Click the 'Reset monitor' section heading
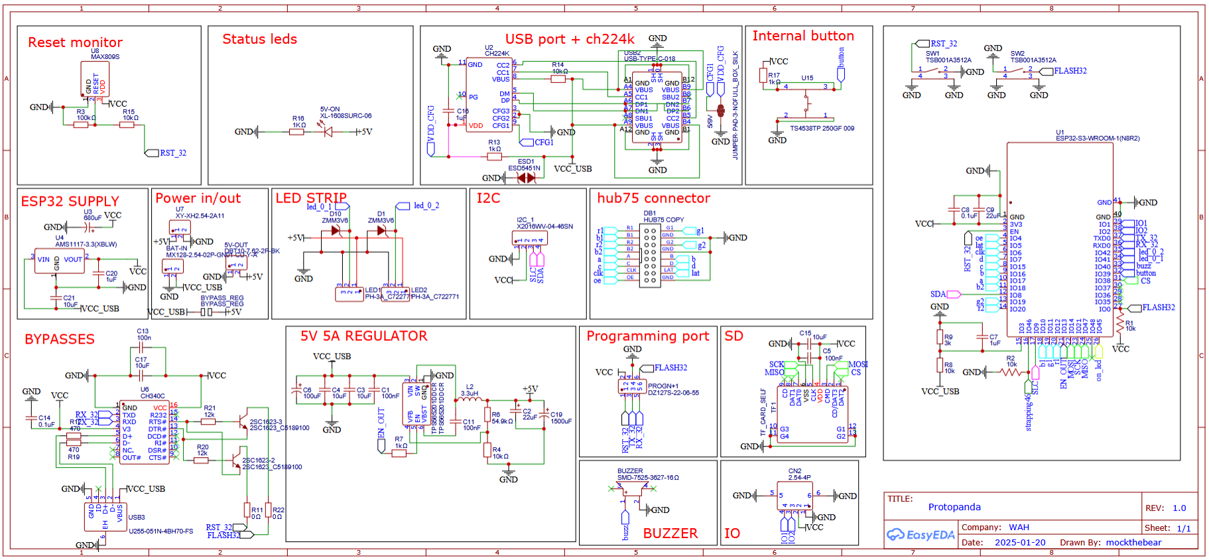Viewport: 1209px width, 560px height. point(75,42)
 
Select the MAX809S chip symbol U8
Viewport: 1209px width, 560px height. point(95,79)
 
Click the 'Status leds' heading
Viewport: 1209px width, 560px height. point(259,39)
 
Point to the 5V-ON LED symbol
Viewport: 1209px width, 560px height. point(328,131)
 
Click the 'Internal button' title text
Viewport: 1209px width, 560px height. point(802,36)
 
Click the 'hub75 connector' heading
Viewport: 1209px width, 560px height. point(653,198)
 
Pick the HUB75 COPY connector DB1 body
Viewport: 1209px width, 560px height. point(650,255)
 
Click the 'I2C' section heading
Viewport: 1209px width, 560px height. point(488,198)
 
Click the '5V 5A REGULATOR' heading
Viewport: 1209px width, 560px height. point(363,336)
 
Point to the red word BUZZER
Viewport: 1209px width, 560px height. point(670,533)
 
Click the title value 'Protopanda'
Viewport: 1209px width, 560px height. point(954,507)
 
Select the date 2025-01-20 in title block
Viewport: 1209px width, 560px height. point(1019,542)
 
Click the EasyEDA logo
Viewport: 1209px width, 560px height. point(922,535)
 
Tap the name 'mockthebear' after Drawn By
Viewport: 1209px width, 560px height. point(1133,542)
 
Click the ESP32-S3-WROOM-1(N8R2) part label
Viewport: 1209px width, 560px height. point(1098,138)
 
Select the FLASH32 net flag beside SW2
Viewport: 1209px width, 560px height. point(1070,71)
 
